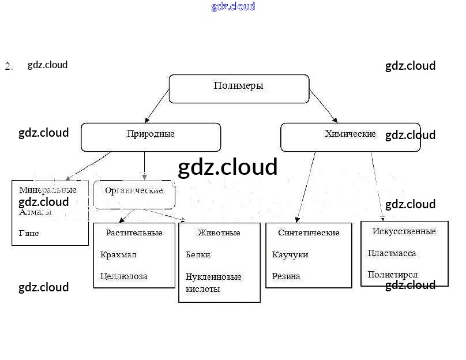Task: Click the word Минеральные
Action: [x=48, y=190]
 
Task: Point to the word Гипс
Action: [x=29, y=234]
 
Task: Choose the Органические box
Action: [x=134, y=190]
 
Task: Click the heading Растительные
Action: [x=134, y=232]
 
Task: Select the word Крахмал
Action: [x=118, y=254]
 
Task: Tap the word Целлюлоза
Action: [x=123, y=276]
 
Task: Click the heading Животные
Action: [x=219, y=232]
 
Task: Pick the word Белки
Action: [x=198, y=254]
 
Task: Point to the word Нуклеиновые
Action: [x=213, y=277]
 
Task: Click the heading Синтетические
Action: [x=309, y=232]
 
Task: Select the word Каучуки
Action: [x=290, y=254]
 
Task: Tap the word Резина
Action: [x=286, y=276]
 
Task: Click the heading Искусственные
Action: [x=404, y=231]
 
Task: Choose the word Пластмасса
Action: [x=392, y=253]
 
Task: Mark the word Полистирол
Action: [x=393, y=275]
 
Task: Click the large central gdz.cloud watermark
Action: [x=228, y=167]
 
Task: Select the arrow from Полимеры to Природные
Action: [x=156, y=106]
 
